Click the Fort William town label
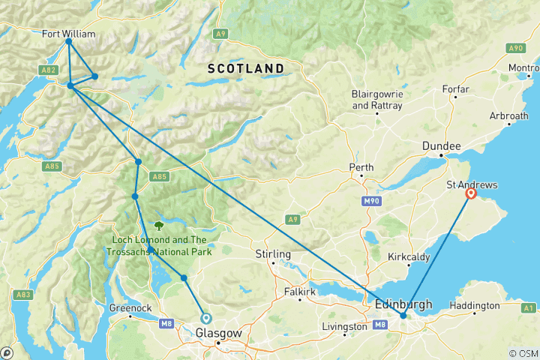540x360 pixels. pyautogui.click(x=69, y=34)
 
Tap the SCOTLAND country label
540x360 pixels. pyautogui.click(x=245, y=68)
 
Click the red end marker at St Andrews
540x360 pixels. pyautogui.click(x=471, y=193)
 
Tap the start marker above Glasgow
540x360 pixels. pyautogui.click(x=205, y=318)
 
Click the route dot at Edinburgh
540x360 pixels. pyautogui.click(x=403, y=315)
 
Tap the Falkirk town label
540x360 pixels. pyautogui.click(x=300, y=290)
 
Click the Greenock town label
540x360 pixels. pyautogui.click(x=130, y=306)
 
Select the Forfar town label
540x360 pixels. pyautogui.click(x=455, y=89)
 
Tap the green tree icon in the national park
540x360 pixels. pyautogui.click(x=159, y=223)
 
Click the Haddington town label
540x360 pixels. pyautogui.click(x=474, y=306)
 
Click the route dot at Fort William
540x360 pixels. pyautogui.click(x=68, y=42)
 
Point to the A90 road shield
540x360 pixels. pyautogui.click(x=514, y=48)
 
